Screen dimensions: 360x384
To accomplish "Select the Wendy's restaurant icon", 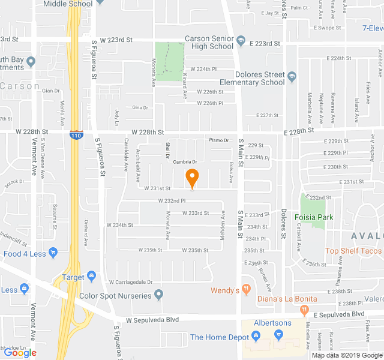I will tap(245, 290).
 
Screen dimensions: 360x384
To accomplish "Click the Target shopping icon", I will tap(91, 277).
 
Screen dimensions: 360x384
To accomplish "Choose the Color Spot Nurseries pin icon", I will tap(158, 295).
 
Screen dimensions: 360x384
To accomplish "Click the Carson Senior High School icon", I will tap(241, 41).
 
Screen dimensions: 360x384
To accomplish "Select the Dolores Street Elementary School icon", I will tap(292, 78).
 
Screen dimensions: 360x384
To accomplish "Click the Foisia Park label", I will tap(314, 217).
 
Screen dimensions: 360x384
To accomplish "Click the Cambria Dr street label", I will tap(185, 162).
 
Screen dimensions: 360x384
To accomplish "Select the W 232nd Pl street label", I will tap(172, 200).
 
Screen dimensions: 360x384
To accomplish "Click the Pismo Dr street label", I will tap(220, 140).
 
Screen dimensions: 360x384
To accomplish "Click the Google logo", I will tap(20, 353).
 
